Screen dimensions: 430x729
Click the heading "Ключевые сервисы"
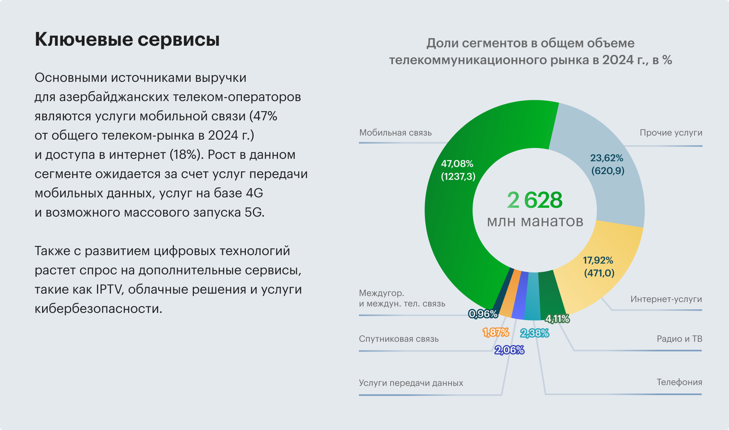pyautogui.click(x=127, y=40)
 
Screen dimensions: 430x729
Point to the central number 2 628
pyautogui.click(x=535, y=200)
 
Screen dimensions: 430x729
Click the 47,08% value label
pyautogui.click(x=457, y=164)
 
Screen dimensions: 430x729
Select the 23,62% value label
pyautogui.click(x=606, y=158)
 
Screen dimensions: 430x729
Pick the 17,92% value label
pyautogui.click(x=598, y=260)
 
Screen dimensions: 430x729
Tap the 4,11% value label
pyautogui.click(x=557, y=319)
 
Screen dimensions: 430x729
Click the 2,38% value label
pyautogui.click(x=534, y=333)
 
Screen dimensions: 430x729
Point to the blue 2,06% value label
pyautogui.click(x=509, y=350)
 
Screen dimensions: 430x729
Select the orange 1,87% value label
pyautogui.click(x=495, y=333)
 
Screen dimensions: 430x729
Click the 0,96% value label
pyautogui.click(x=483, y=314)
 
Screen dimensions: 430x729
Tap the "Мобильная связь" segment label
pyautogui.click(x=395, y=133)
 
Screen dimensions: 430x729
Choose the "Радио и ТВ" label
pyautogui.click(x=679, y=339)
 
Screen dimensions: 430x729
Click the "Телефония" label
pyautogui.click(x=679, y=382)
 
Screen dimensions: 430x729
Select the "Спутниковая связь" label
pyautogui.click(x=399, y=339)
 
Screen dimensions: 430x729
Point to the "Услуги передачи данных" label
pyautogui.click(x=411, y=383)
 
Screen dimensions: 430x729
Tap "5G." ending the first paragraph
pyautogui.click(x=254, y=212)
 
